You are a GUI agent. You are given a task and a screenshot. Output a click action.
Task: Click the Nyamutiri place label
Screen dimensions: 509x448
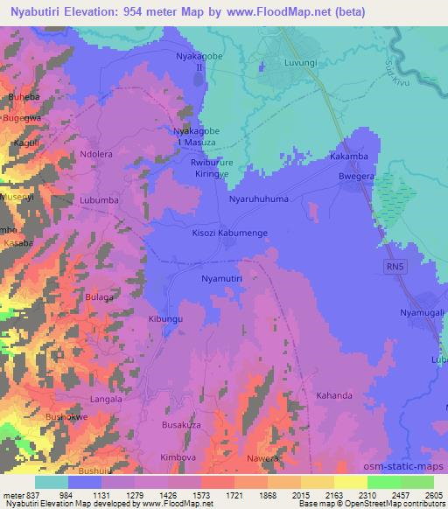(x=221, y=278)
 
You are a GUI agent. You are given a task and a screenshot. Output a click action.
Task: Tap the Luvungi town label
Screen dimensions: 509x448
(x=303, y=64)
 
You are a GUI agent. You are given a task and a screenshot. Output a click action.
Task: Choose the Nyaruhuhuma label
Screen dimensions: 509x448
(x=258, y=199)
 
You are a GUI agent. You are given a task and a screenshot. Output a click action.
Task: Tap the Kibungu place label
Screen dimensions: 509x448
(x=165, y=320)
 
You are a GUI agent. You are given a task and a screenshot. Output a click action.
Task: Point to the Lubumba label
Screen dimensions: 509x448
(x=99, y=199)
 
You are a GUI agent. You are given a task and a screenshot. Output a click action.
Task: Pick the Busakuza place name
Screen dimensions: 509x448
(x=181, y=423)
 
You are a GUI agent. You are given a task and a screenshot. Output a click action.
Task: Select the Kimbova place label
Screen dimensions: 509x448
(x=179, y=457)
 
